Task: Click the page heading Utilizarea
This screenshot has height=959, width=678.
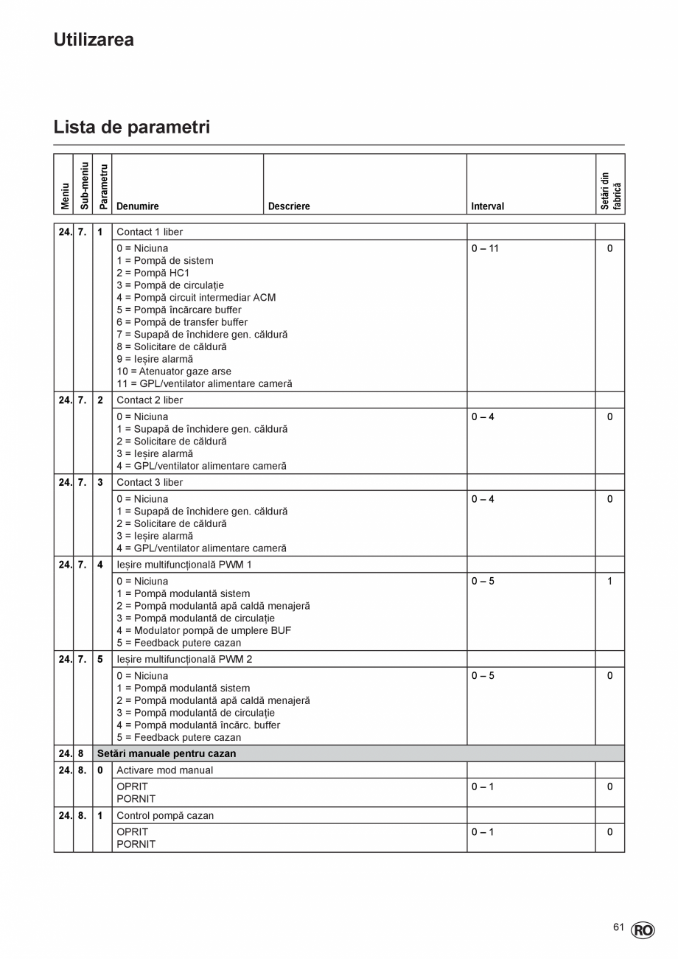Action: [94, 40]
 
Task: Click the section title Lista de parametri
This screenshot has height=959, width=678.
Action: [131, 127]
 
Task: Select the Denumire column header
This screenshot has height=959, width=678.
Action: [138, 206]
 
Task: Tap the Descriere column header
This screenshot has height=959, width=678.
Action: [289, 206]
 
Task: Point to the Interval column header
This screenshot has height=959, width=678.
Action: [488, 206]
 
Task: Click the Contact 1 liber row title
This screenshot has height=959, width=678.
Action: [150, 231]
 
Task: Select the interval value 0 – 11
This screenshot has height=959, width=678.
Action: [485, 248]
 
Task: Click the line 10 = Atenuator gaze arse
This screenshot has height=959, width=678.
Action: [173, 372]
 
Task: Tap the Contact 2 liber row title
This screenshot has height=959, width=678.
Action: [150, 400]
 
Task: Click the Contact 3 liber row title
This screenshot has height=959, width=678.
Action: [150, 482]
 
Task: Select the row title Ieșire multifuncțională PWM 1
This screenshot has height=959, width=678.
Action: [184, 565]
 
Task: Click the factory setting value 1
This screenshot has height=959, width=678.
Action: [609, 582]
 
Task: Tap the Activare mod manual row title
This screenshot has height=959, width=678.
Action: [164, 770]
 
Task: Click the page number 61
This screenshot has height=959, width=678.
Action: [618, 927]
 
